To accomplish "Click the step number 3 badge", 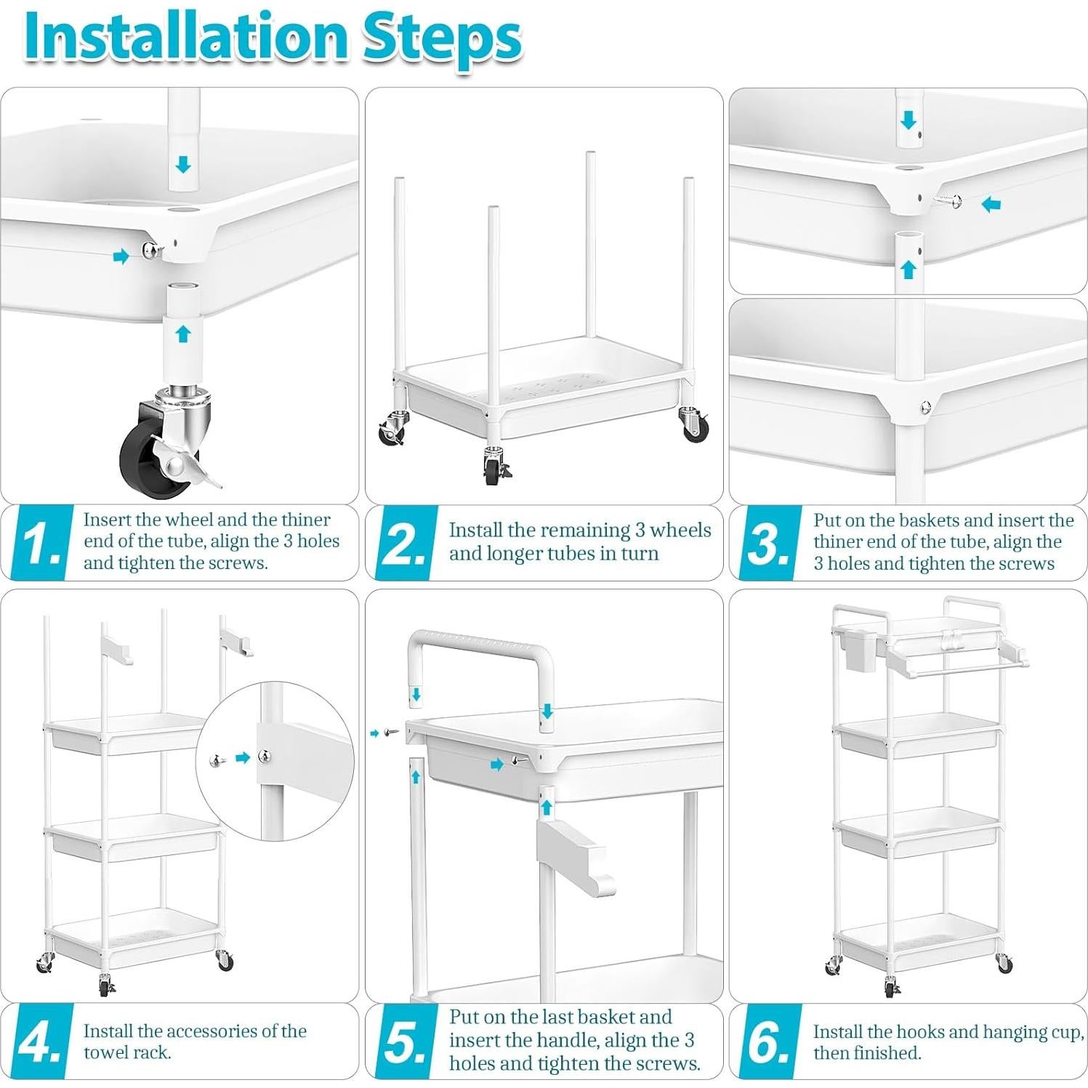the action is click(x=767, y=543).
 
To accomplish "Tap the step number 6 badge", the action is click(x=767, y=1041).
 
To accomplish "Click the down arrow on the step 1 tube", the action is click(x=183, y=164).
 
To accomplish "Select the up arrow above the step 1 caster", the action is click(x=183, y=334).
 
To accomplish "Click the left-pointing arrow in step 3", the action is click(x=991, y=204).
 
